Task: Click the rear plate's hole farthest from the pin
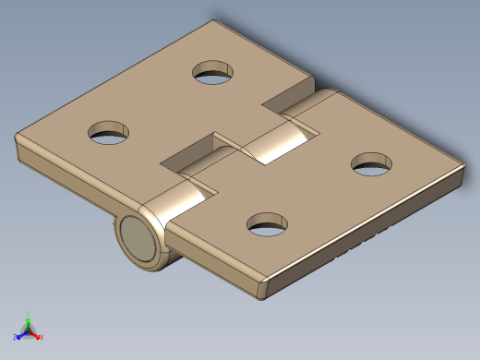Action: (213, 73)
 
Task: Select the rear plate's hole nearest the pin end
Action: (109, 132)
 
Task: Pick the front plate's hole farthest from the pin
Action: (372, 164)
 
